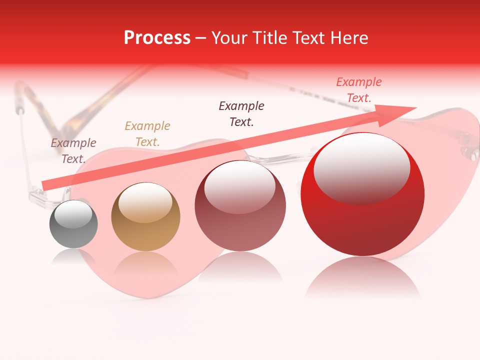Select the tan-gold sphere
click(x=145, y=217)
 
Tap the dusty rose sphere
click(x=240, y=206)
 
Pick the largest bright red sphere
click(x=362, y=195)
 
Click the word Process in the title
click(x=157, y=38)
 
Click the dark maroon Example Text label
click(x=241, y=113)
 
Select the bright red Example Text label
click(x=359, y=90)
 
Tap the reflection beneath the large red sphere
click(x=362, y=277)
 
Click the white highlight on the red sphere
click(x=361, y=167)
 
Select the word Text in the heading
click(x=307, y=38)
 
